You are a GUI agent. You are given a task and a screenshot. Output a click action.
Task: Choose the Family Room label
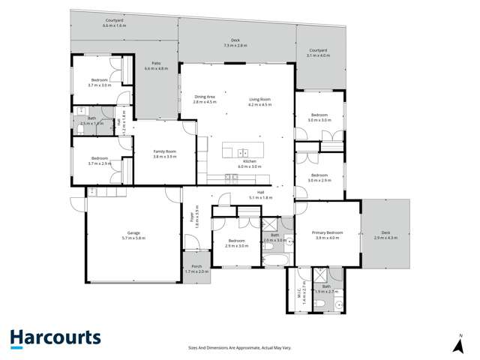click(164, 154)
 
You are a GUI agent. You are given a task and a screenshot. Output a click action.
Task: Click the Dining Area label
click(204, 99)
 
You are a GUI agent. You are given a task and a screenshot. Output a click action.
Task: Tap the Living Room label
click(259, 102)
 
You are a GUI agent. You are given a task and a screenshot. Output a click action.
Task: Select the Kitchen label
click(250, 164)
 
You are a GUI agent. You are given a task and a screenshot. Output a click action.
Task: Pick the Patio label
click(157, 66)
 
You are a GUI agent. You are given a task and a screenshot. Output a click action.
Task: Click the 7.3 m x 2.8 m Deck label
click(235, 43)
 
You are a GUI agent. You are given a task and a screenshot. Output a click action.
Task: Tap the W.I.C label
click(298, 288)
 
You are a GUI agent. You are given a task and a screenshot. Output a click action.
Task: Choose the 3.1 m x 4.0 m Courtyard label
click(319, 52)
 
